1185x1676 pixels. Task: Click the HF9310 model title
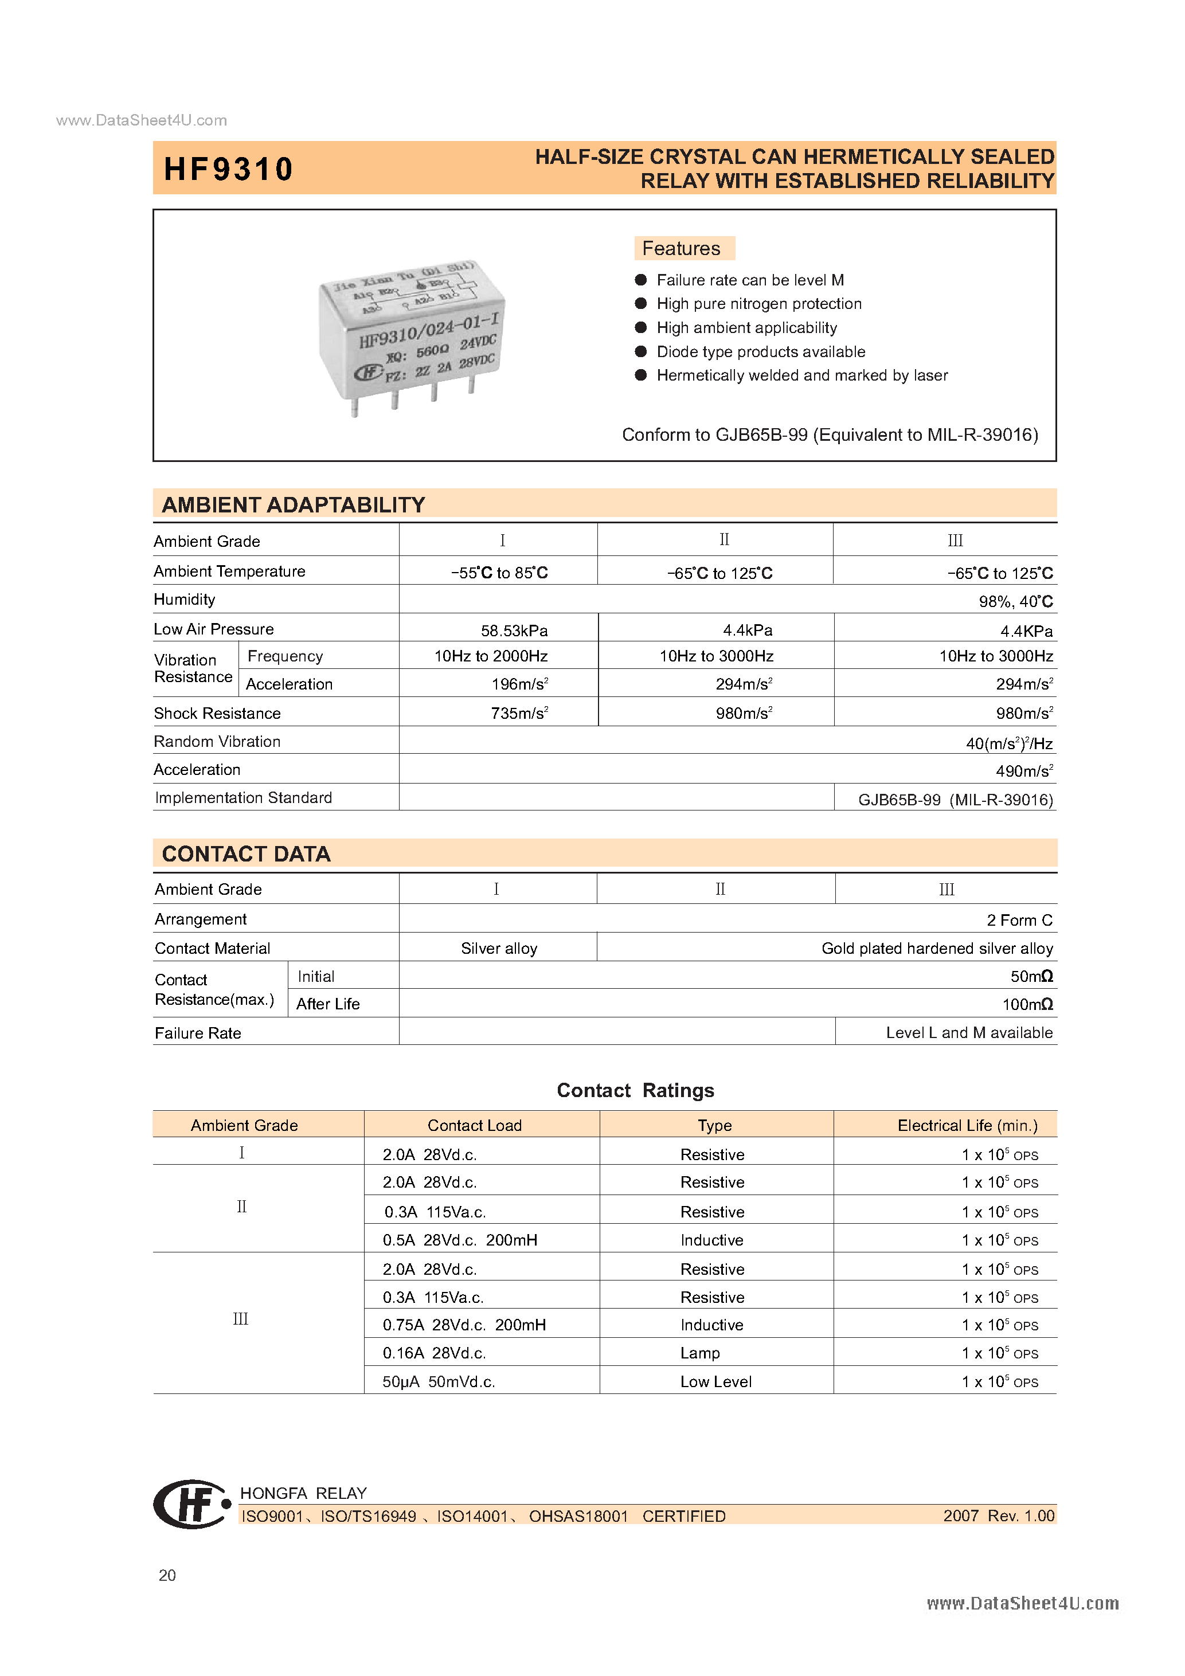[228, 169]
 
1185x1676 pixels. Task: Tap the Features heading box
[683, 248]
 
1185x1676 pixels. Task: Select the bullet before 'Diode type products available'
[641, 352]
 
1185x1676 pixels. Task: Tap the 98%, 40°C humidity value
[1015, 601]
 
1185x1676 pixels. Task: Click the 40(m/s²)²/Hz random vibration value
[1008, 743]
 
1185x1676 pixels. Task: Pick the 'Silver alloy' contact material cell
[499, 948]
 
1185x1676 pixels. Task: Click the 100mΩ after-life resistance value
[1027, 1004]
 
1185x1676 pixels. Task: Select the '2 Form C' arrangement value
[1019, 920]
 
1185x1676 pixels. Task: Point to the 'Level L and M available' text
[968, 1032]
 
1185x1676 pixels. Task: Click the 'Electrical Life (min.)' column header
[967, 1125]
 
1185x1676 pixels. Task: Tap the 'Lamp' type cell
[699, 1353]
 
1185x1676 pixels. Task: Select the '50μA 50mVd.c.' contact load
[439, 1381]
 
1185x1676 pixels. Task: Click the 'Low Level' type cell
[715, 1381]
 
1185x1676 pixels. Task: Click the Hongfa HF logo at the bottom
[191, 1503]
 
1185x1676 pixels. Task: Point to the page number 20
[167, 1575]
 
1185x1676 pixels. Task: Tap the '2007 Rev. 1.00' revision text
[998, 1516]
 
